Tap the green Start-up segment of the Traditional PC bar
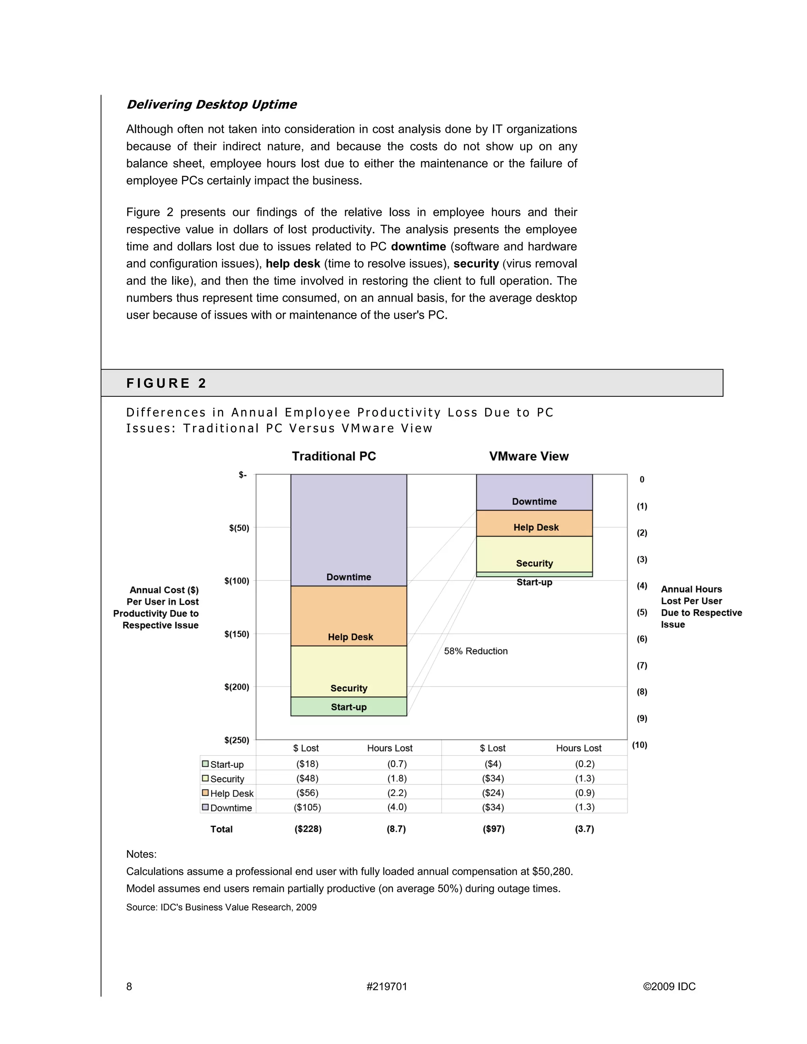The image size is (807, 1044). point(348,706)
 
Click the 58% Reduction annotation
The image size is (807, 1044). point(475,651)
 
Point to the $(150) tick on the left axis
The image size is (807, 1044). point(237,634)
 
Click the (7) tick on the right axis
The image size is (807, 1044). point(642,665)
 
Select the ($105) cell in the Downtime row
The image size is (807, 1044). point(307,807)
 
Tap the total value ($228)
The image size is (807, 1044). point(308,829)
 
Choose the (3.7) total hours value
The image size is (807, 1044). point(584,829)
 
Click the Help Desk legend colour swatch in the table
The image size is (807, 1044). point(205,793)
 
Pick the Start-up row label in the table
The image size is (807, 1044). point(227,764)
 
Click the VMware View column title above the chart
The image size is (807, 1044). point(529,456)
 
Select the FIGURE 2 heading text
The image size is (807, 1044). point(166,383)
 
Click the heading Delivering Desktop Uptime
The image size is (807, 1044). point(211,105)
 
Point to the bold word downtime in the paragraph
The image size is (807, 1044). point(418,247)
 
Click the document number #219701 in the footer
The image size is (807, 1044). point(387,986)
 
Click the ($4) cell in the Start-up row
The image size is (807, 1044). point(493,764)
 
